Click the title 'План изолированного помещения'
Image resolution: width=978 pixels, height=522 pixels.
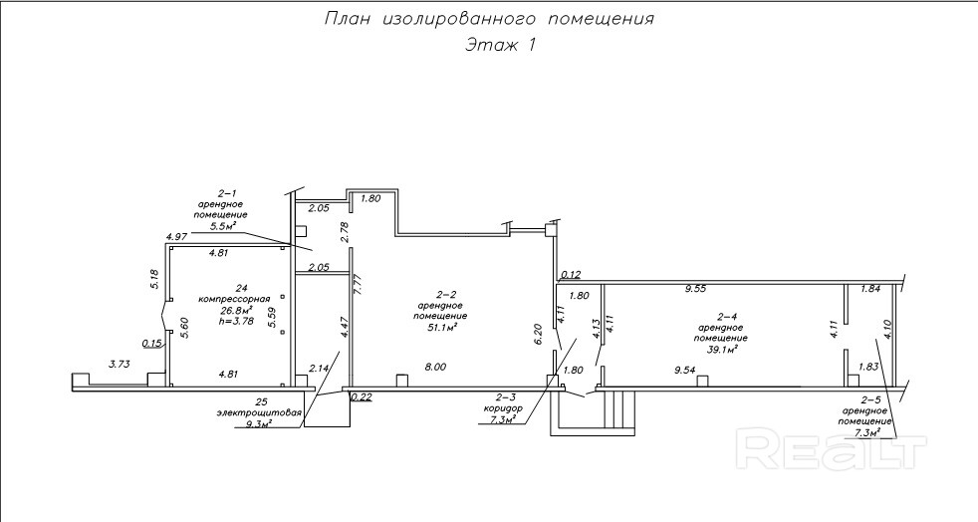point(489,19)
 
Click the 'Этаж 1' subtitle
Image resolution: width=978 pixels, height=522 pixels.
point(500,45)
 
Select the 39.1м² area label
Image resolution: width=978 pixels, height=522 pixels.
point(722,349)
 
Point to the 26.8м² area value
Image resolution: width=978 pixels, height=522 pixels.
point(235,310)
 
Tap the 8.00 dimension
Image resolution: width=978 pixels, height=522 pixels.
point(435,368)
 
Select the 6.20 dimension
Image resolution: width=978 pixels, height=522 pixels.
point(538,335)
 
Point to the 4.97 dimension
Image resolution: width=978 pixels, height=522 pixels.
point(177,236)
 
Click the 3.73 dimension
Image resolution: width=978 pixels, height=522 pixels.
point(120,365)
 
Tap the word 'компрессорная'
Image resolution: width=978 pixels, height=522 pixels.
point(234,299)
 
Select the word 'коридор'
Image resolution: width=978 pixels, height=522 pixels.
point(502,408)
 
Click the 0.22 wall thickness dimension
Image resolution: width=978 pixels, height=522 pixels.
point(362,396)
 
